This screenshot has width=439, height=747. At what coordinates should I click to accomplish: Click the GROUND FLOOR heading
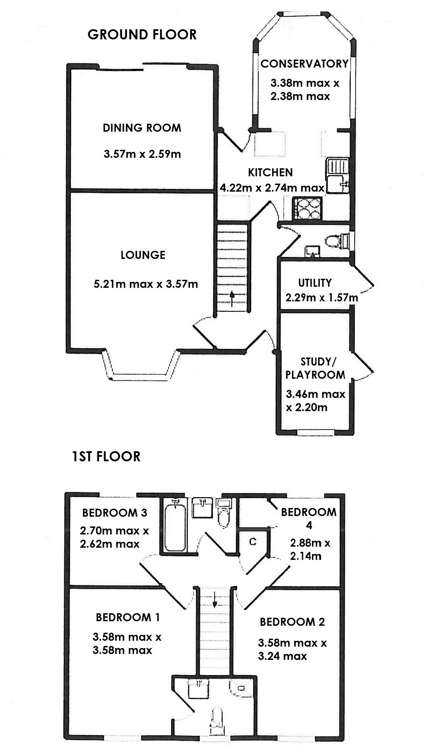click(142, 34)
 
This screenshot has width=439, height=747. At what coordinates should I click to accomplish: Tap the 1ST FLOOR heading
click(106, 456)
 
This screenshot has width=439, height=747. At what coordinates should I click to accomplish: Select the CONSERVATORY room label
click(304, 64)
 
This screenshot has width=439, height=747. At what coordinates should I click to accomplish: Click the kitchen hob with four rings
click(308, 208)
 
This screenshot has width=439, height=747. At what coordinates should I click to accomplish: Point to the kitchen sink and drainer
click(338, 176)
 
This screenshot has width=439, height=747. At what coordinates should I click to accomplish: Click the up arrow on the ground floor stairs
click(232, 299)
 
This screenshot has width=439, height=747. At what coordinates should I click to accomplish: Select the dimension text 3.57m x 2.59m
click(142, 154)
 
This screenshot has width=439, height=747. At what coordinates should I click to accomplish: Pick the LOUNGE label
click(143, 255)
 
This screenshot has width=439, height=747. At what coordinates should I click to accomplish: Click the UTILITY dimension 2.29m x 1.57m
click(321, 298)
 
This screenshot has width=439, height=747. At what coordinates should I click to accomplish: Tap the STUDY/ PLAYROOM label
click(315, 368)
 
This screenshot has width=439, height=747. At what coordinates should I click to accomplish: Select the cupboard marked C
click(253, 541)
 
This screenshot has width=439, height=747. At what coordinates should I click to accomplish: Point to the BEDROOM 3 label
click(114, 513)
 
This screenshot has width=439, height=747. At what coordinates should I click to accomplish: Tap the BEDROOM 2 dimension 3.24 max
click(282, 656)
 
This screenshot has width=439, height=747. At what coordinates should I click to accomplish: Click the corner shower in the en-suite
click(241, 689)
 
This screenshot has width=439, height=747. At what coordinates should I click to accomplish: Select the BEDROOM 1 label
click(128, 617)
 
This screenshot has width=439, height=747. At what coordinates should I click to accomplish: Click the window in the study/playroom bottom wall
click(315, 433)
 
